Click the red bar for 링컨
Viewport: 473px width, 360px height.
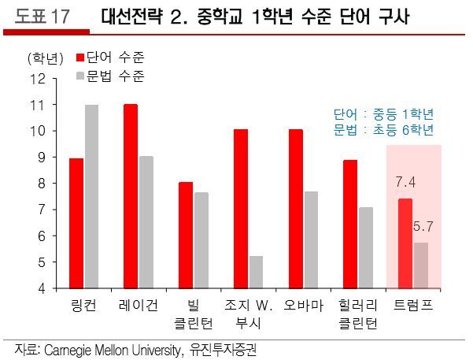pos(76,223)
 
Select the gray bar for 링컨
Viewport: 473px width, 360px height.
pos(91,196)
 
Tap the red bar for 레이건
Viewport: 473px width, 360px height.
pos(131,196)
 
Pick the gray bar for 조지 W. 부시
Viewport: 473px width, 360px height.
pos(256,272)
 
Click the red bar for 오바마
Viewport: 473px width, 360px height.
pos(295,209)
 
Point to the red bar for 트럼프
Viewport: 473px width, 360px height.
pos(405,243)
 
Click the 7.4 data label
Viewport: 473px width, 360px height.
pos(405,184)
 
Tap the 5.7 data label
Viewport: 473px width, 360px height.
pos(423,227)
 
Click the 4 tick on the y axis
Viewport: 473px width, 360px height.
pos(41,288)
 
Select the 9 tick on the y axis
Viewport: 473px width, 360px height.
pos(41,158)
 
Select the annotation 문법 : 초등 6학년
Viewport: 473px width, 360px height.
pos(384,129)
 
